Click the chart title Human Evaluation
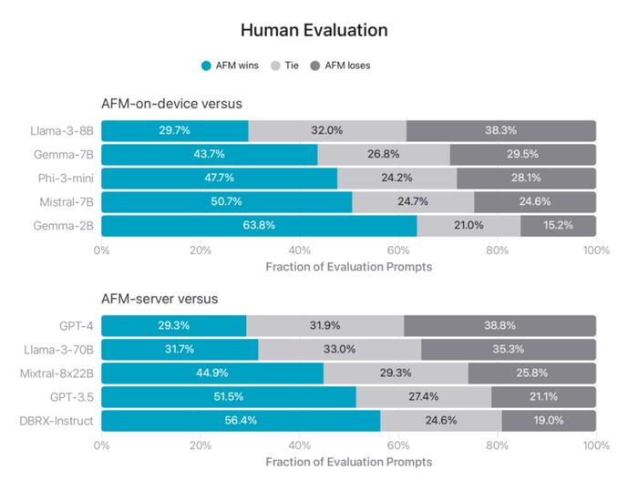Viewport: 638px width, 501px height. [x=314, y=30]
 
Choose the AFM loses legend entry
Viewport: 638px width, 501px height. [x=340, y=66]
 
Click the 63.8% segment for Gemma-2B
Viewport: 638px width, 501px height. [x=259, y=225]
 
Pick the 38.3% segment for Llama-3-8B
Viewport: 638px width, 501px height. [x=500, y=130]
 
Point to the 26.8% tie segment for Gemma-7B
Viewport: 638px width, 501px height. [x=383, y=154]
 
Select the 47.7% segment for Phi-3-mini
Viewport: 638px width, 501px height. [x=219, y=178]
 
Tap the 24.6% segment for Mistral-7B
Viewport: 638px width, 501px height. [x=535, y=201]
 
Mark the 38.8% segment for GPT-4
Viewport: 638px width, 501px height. [x=499, y=326]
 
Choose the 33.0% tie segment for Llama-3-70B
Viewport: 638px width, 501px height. [x=340, y=350]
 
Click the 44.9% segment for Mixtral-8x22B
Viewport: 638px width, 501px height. [x=212, y=373]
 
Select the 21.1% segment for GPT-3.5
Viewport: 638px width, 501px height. [x=543, y=397]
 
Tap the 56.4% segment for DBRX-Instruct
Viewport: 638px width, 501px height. [x=241, y=421]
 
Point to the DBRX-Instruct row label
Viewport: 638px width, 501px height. [x=60, y=421]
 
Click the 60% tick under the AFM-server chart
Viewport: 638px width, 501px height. [x=398, y=445]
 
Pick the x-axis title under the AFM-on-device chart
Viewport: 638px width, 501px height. [x=349, y=267]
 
